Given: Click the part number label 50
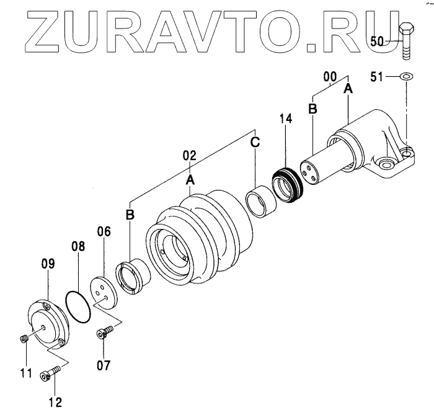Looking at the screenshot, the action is pyautogui.click(x=378, y=41).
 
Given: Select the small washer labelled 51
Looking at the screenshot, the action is pyautogui.click(x=407, y=76).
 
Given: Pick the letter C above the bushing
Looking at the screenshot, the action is pyautogui.click(x=255, y=141).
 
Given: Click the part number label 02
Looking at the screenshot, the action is pyautogui.click(x=190, y=155).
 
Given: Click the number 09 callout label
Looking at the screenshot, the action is pyautogui.click(x=48, y=264).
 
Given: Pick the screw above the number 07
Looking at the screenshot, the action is pyautogui.click(x=104, y=333).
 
